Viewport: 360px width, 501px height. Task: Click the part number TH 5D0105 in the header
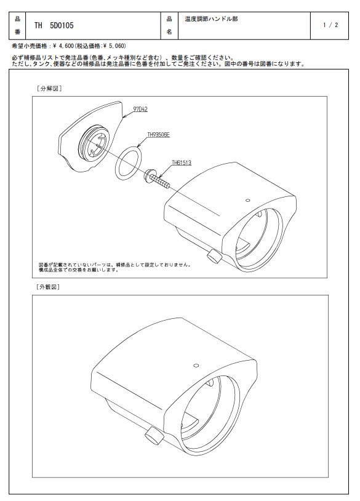coord(54,26)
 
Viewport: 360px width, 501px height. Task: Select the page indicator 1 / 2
coord(330,25)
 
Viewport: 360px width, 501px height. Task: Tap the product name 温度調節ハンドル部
coord(211,19)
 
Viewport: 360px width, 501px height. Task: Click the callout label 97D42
coord(140,110)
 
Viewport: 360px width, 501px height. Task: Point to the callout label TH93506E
coord(158,135)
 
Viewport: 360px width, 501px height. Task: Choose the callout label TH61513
coord(182,162)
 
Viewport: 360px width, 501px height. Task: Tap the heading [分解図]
coord(49,88)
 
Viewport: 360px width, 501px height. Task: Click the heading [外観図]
coord(48,287)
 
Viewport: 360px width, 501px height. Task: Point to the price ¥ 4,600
coord(63,46)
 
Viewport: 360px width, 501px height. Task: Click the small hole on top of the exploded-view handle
coord(247,200)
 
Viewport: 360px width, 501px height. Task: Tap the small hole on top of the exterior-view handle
coord(196,366)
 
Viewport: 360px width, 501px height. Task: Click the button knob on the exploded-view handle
coord(214,257)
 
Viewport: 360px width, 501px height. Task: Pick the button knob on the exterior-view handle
coord(154,436)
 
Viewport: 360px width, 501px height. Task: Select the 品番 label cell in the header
coord(17,26)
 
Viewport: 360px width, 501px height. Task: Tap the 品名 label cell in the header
coord(169,26)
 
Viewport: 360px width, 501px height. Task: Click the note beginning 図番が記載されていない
coord(114,267)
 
